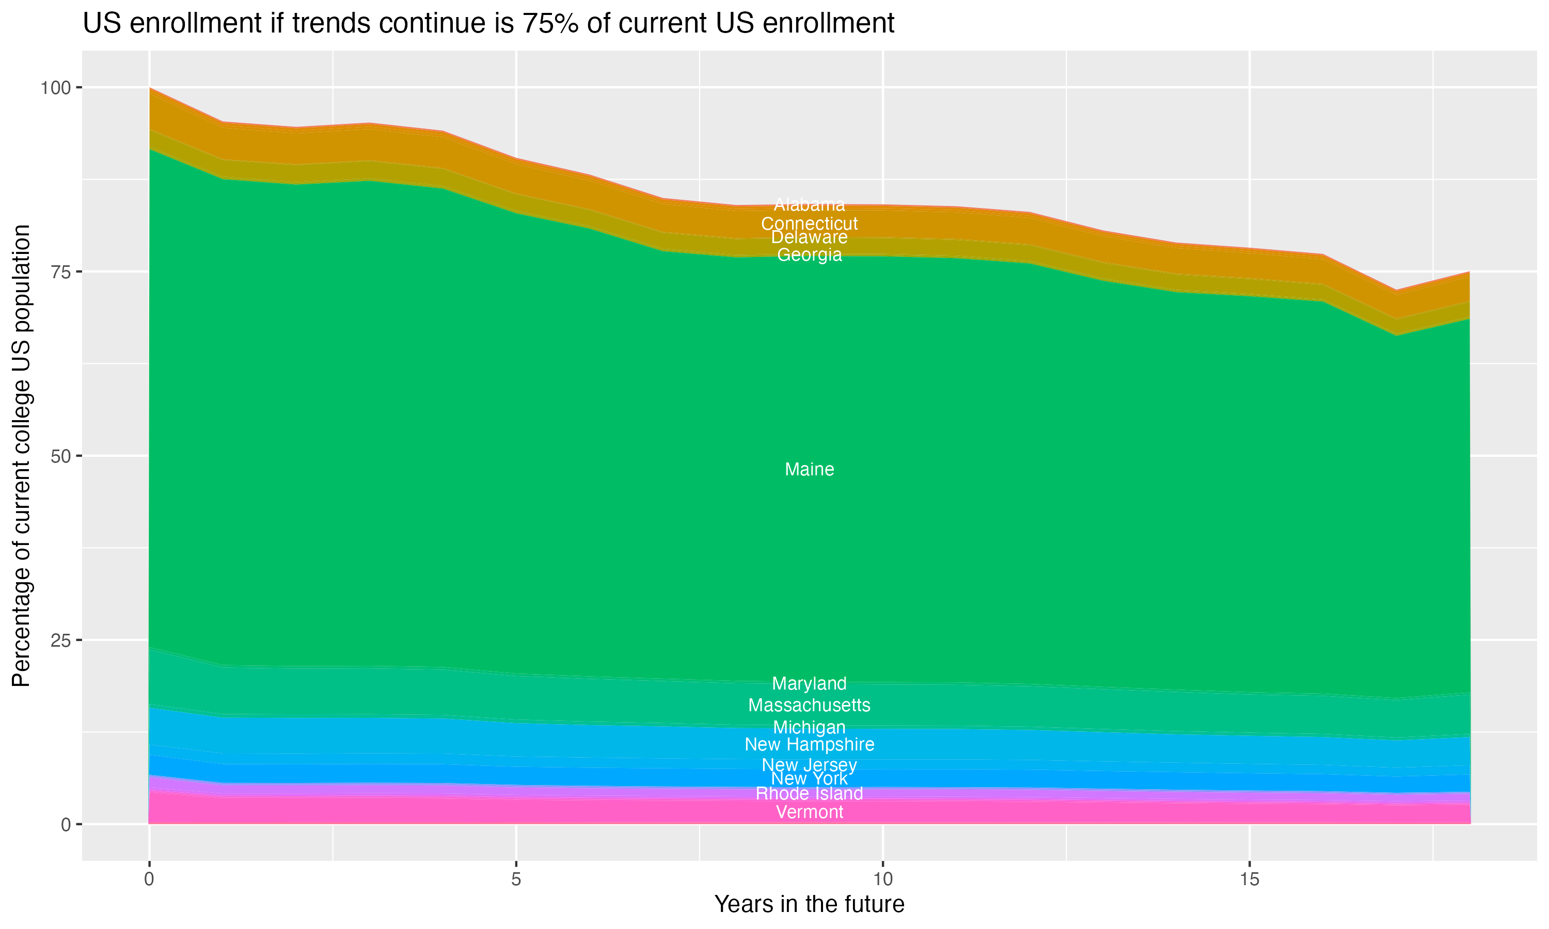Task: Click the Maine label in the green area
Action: point(809,470)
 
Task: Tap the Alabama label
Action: point(809,205)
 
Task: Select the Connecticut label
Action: point(809,223)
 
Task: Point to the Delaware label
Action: point(809,237)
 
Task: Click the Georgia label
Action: point(809,255)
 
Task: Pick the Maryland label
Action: point(809,684)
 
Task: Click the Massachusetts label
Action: point(809,706)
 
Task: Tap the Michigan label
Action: point(809,727)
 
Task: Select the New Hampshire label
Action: point(809,744)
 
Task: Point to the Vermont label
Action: point(809,812)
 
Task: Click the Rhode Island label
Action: point(809,794)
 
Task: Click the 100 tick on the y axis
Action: point(55,88)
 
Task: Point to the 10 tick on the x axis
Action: point(882,879)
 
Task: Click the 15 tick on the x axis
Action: point(1249,879)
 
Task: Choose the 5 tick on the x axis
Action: point(516,879)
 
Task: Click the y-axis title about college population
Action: point(21,456)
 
